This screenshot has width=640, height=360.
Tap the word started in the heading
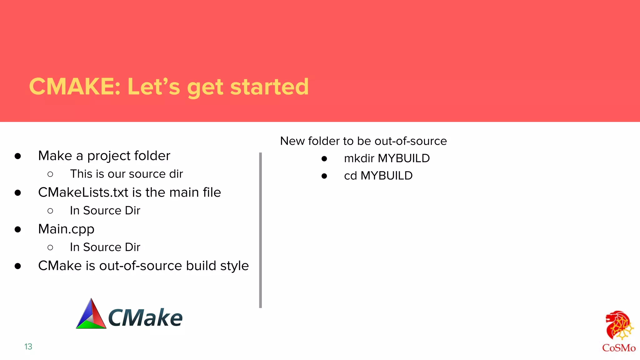269,87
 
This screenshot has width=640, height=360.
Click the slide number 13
28,347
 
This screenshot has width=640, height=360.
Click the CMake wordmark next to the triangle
145,317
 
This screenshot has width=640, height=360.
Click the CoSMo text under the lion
619,348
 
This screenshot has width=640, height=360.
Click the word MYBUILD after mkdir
404,158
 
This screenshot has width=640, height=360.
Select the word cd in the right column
350,176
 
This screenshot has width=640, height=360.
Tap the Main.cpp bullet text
66,229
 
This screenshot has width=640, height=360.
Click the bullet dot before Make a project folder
18,156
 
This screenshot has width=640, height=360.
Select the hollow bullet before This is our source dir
50,174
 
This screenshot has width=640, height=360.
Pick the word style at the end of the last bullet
234,266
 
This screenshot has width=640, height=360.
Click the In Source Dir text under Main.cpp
105,247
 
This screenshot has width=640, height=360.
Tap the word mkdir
359,158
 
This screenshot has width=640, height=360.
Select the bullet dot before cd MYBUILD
324,176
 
